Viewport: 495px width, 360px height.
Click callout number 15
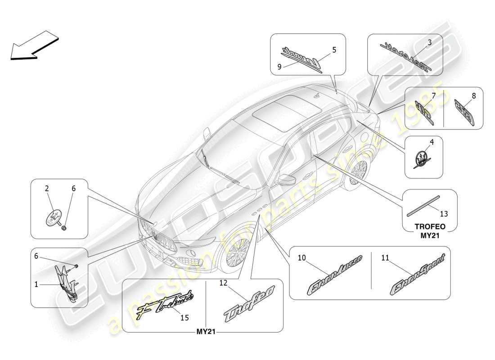[x=184, y=318]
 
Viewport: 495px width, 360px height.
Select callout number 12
[x=224, y=283]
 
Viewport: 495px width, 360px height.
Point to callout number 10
[x=301, y=258]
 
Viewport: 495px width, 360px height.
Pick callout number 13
[x=443, y=214]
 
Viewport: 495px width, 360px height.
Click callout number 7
[x=433, y=95]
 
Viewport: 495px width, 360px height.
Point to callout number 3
[x=429, y=42]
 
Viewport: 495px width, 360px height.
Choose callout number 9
[x=279, y=67]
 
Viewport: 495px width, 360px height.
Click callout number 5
[x=334, y=50]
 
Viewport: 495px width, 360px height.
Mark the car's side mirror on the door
[x=285, y=180]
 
